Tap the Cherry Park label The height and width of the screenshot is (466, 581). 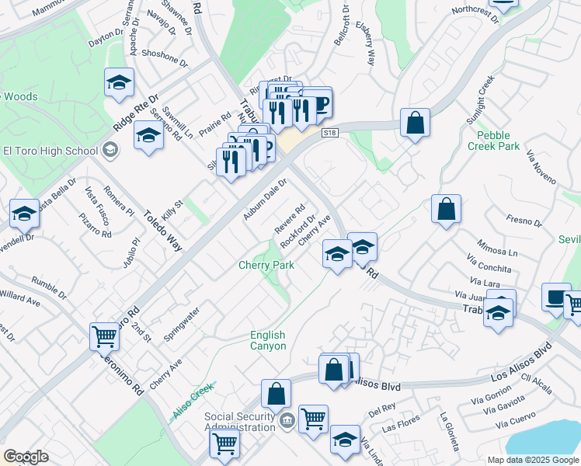click(x=266, y=266)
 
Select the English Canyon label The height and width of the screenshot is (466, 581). click(x=267, y=341)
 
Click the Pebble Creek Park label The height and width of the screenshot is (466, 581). click(x=498, y=141)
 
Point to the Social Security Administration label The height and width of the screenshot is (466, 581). click(x=241, y=422)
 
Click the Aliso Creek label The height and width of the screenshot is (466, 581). click(x=193, y=402)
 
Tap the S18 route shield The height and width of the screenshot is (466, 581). click(x=330, y=133)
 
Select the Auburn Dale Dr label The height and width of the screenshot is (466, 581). click(x=266, y=200)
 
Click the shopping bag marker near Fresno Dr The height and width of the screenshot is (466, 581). click(x=446, y=210)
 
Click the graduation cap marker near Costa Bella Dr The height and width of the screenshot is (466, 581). click(x=24, y=214)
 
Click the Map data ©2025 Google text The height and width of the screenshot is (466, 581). click(x=533, y=460)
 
